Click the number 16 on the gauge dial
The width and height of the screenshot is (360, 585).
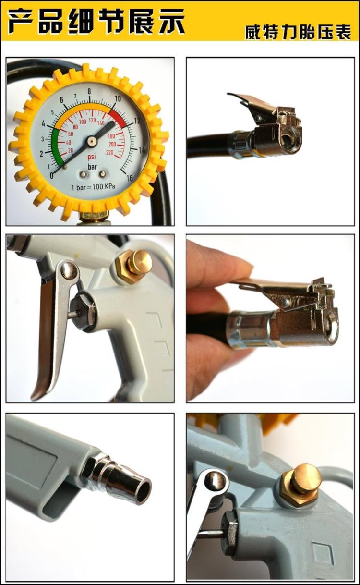(x=130, y=178)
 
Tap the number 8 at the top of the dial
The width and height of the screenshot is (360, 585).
(x=89, y=91)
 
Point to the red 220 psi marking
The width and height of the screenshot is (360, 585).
(x=109, y=153)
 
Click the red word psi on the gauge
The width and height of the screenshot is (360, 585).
(x=92, y=157)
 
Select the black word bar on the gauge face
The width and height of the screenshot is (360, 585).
(x=92, y=167)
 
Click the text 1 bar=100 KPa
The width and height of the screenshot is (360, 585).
(x=93, y=187)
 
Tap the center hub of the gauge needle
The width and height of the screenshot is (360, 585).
(x=91, y=142)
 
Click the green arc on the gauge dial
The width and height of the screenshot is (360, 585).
(x=57, y=146)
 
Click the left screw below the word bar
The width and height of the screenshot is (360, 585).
(x=83, y=174)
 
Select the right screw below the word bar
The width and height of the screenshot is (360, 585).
(x=103, y=174)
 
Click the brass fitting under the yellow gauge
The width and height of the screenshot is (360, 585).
(x=95, y=216)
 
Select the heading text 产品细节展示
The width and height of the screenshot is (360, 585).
(x=96, y=21)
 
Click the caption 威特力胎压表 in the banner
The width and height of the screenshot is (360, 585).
(x=298, y=32)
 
